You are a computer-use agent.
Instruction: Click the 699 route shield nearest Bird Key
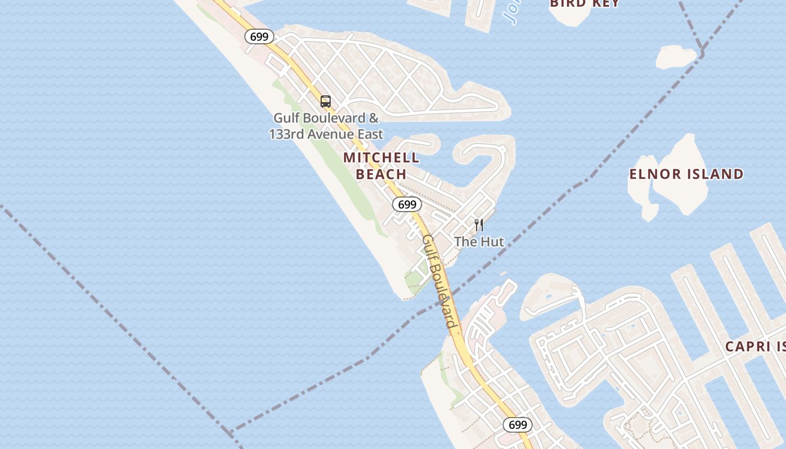259,37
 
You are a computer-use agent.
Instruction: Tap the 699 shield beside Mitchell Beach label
406,204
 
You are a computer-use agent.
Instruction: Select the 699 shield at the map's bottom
517,425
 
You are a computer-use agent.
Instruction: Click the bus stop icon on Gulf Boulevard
326,102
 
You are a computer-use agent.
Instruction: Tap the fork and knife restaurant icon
479,225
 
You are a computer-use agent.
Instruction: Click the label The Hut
479,242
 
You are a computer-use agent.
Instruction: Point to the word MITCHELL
381,158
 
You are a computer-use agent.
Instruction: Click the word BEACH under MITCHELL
381,174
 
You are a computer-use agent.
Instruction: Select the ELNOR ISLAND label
686,174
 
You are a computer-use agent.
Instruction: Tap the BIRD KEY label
584,3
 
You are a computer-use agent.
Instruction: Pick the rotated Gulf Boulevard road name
439,281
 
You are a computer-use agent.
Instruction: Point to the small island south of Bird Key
676,57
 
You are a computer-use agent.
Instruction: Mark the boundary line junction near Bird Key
701,53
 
